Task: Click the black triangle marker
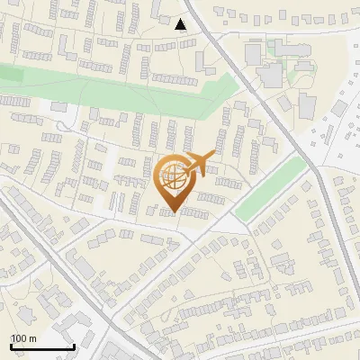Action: (182, 24)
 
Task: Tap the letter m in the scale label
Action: (33, 338)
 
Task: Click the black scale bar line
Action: (41, 346)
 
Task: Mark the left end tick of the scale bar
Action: (11, 345)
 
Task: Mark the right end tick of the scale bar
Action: (73, 345)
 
